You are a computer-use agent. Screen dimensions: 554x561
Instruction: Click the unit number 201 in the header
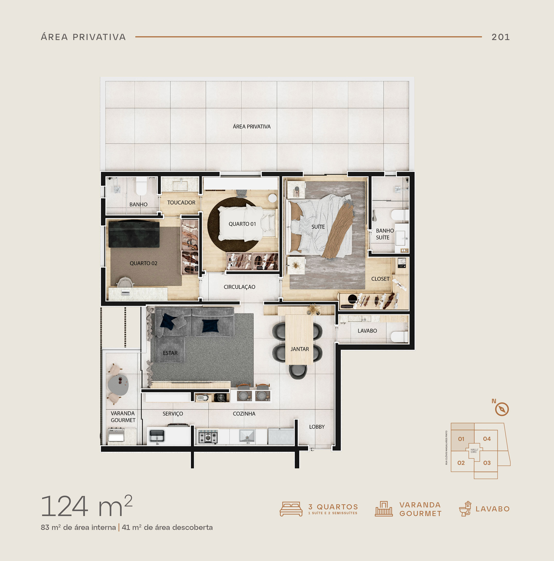pyautogui.click(x=500, y=37)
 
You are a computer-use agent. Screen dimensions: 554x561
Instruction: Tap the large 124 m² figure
pyautogui.click(x=86, y=506)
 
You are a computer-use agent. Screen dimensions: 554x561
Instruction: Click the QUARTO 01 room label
pyautogui.click(x=242, y=224)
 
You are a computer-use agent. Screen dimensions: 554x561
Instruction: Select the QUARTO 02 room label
pyautogui.click(x=143, y=263)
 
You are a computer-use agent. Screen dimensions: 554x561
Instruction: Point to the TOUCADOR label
pyautogui.click(x=181, y=202)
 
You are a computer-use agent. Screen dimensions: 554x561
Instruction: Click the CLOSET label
pyautogui.click(x=380, y=279)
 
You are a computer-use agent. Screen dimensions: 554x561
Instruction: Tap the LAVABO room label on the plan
pyautogui.click(x=367, y=331)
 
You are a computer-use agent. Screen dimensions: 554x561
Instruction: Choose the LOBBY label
pyautogui.click(x=317, y=427)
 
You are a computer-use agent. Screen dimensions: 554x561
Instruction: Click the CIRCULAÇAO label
pyautogui.click(x=239, y=287)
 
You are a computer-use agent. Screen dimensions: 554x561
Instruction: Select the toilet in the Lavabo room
pyautogui.click(x=399, y=337)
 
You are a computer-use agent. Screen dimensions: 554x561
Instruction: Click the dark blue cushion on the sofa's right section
pyautogui.click(x=210, y=325)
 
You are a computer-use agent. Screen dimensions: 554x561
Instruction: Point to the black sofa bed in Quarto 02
pyautogui.click(x=134, y=234)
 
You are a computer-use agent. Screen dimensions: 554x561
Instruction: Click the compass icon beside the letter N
pyautogui.click(x=502, y=409)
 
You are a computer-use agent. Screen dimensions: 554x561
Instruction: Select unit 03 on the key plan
pyautogui.click(x=487, y=463)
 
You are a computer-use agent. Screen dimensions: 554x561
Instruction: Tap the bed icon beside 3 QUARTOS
pyautogui.click(x=291, y=509)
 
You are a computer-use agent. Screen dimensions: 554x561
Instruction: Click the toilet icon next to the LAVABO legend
pyautogui.click(x=465, y=509)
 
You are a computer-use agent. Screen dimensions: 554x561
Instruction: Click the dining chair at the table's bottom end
pyautogui.click(x=298, y=372)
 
